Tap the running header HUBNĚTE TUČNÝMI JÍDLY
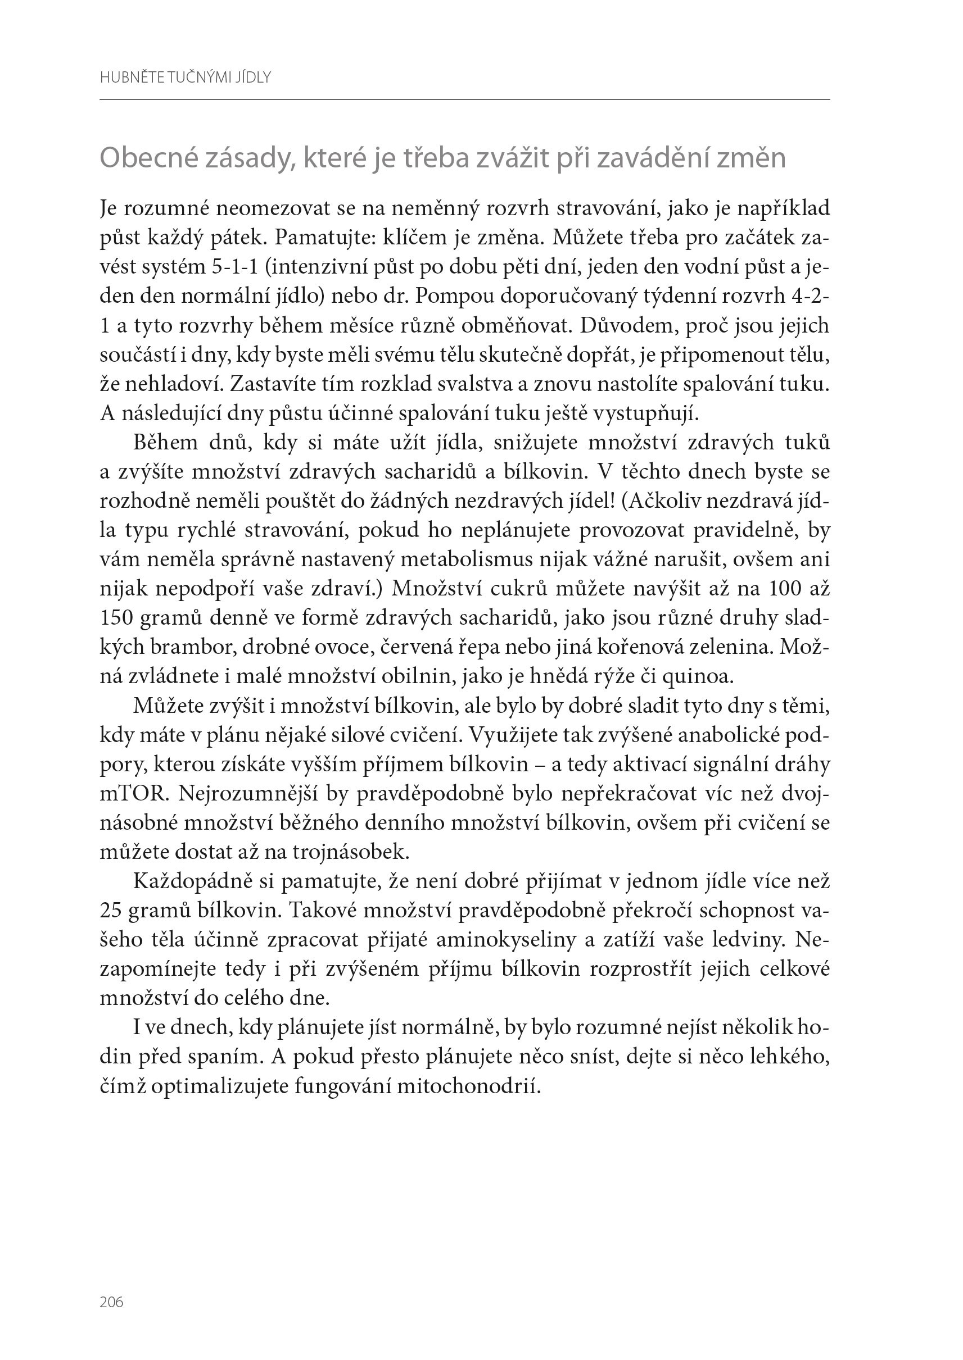point(185,78)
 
